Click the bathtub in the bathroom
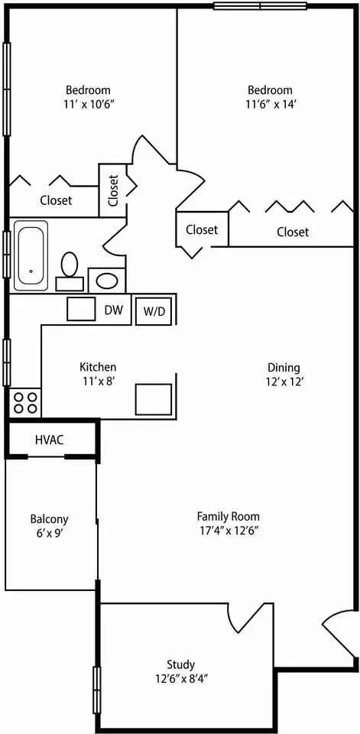click(31, 255)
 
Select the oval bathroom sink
click(107, 281)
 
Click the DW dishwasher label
click(114, 310)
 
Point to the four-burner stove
click(25, 403)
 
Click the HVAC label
click(50, 440)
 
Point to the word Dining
click(284, 368)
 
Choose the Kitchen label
click(98, 367)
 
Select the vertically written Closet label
click(113, 190)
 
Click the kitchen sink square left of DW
click(82, 309)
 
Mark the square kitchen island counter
click(154, 399)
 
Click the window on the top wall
click(261, 5)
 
